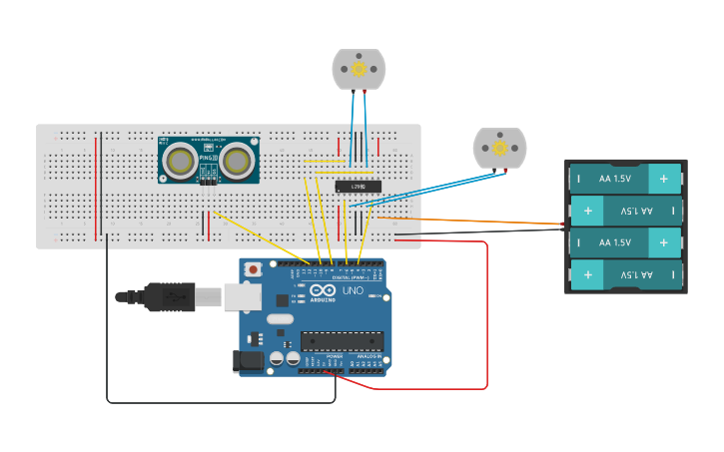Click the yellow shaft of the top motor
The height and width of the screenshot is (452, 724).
coord(359,69)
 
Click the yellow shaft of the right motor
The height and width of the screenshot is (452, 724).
coord(498,148)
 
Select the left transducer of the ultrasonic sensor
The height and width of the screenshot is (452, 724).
coord(181,160)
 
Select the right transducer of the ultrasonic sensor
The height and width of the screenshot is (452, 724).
coord(238,160)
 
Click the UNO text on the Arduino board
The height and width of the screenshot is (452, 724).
coord(353,290)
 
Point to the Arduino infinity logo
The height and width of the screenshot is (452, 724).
coord(323,289)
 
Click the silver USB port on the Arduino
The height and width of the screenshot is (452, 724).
coord(240,295)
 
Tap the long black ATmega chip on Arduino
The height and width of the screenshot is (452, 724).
coord(342,340)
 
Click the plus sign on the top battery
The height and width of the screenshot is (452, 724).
coord(663,180)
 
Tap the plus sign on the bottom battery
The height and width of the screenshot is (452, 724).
coord(588,273)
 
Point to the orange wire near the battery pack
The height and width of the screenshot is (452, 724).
coord(479,220)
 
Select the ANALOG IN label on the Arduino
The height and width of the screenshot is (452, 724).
coord(368,356)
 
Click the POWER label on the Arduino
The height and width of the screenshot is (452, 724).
coord(335,356)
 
